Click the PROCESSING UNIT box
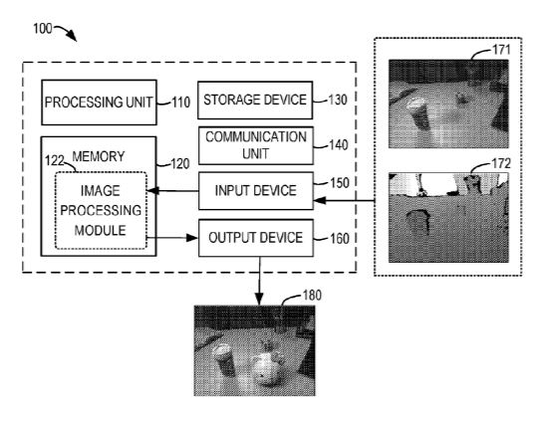coord(99,103)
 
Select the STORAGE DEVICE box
coord(255,101)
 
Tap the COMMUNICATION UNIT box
coord(256,145)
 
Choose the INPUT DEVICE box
coord(256,191)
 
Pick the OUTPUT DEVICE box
coord(256,238)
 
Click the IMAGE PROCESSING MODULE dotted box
coord(101,210)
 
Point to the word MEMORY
coord(99,156)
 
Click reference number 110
coord(181,103)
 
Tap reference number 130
coord(338,100)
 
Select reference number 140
coord(339,145)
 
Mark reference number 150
coord(339,183)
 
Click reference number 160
coord(339,239)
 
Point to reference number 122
coord(55,161)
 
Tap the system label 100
coord(43,29)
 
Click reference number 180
coord(312,296)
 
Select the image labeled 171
coord(448,105)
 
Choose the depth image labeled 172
coord(448,218)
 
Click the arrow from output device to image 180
coord(259,282)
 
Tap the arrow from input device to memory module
coord(173,191)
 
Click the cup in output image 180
coord(224,361)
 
